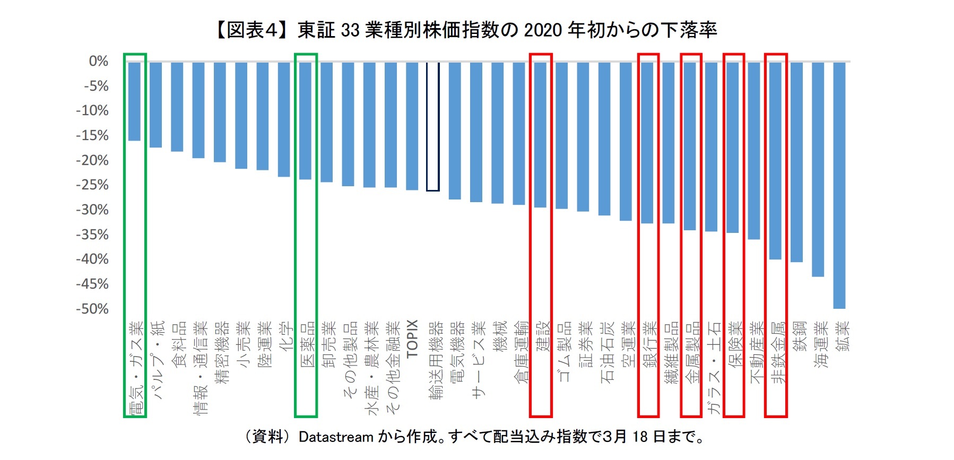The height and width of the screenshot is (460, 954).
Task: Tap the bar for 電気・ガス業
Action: (134, 101)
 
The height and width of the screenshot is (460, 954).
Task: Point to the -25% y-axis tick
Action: (92, 185)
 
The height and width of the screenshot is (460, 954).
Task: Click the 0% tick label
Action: (98, 62)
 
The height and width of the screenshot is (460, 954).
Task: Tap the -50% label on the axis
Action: (92, 309)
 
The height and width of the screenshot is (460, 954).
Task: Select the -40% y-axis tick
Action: (92, 259)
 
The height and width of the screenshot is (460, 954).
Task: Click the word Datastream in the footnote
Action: (336, 437)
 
